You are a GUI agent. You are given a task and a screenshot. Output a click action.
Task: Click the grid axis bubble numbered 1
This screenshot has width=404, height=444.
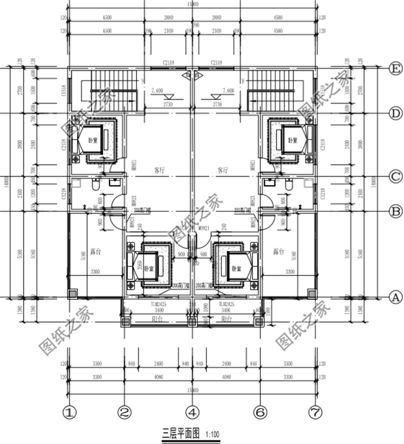pos(70,412)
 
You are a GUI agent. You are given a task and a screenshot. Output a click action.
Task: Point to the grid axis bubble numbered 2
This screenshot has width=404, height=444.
pos(124,412)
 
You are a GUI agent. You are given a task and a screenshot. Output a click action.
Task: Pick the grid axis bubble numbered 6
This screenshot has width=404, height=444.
pos(260,412)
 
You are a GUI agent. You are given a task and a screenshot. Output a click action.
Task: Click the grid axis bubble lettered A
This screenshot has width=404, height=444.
pos(393,297)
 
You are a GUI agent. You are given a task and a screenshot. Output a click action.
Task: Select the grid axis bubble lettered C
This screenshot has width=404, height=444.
pos(393,177)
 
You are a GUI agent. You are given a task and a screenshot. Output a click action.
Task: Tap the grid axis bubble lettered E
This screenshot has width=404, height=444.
pos(393,68)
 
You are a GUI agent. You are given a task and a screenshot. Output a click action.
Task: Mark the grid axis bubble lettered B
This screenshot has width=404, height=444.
pos(393,211)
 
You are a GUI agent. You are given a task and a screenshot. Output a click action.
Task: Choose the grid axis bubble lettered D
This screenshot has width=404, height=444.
pos(393,113)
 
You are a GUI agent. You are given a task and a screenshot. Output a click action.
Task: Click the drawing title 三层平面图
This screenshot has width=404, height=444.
pos(180,433)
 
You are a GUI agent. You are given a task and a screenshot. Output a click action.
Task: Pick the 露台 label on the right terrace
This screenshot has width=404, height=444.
pos(279,252)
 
